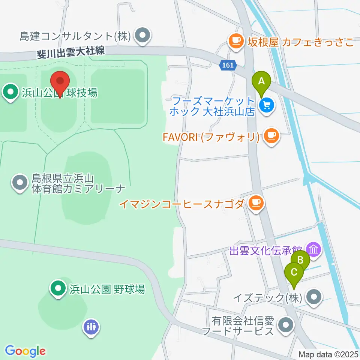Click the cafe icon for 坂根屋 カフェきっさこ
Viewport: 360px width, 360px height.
pos(235,40)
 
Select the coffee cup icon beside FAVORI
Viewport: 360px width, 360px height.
pos(270,135)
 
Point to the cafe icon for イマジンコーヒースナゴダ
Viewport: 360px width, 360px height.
pos(256,204)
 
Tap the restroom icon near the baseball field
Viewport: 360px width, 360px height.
pos(91,326)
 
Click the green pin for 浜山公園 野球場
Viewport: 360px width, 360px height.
pos(57,288)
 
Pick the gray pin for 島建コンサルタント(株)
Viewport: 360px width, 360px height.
pos(142,36)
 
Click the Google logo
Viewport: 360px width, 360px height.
pos(25,351)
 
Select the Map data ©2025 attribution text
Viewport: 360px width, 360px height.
pos(328,354)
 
